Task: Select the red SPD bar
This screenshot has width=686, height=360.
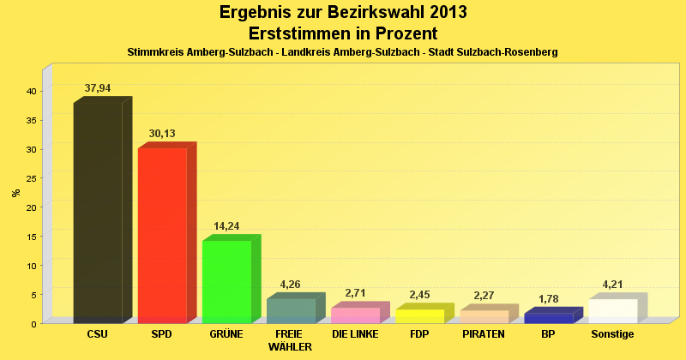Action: [162, 236]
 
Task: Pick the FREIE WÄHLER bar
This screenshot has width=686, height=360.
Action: [291, 310]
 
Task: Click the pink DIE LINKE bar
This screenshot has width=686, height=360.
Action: [355, 315]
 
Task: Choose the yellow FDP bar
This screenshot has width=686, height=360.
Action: [419, 315]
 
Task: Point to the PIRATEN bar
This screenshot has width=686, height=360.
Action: [484, 316]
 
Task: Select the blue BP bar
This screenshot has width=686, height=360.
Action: [548, 318]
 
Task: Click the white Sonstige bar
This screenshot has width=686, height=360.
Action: [612, 310]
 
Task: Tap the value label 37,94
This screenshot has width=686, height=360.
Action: [98, 87]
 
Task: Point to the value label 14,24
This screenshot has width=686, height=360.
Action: [226, 225]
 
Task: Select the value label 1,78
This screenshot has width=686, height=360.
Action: [548, 298]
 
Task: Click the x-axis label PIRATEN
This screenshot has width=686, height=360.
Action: [484, 333]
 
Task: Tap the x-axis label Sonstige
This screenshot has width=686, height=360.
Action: [612, 333]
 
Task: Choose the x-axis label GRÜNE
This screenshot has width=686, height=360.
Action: [226, 333]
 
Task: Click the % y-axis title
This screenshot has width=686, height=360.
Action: [16, 193]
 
